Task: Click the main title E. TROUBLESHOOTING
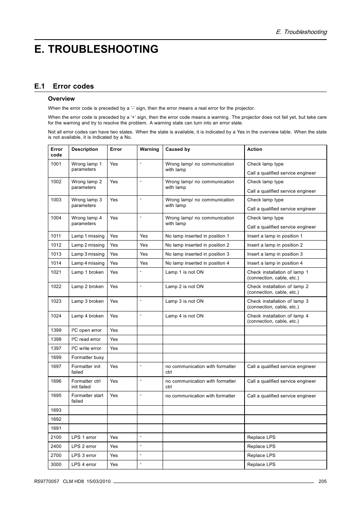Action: (x=96, y=49)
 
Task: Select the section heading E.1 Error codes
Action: (x=64, y=86)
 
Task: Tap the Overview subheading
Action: (x=61, y=99)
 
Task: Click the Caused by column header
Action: (x=177, y=149)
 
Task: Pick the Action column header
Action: (x=254, y=149)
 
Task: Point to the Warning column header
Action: (x=149, y=149)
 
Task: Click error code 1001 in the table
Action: (x=56, y=164)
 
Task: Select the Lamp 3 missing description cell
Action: (x=88, y=254)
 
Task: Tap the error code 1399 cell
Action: (x=56, y=330)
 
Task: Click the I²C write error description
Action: (x=86, y=348)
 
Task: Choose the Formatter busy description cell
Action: (x=88, y=357)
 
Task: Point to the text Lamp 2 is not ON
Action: (x=184, y=287)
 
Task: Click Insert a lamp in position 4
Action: (x=275, y=263)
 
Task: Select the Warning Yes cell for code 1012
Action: (x=143, y=245)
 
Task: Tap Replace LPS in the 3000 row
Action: (x=261, y=465)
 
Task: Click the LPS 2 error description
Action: (x=84, y=446)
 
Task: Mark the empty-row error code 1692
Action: (x=56, y=419)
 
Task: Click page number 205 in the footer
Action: (x=322, y=481)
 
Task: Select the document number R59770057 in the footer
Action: (x=46, y=481)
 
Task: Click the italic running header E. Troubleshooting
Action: (x=301, y=32)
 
